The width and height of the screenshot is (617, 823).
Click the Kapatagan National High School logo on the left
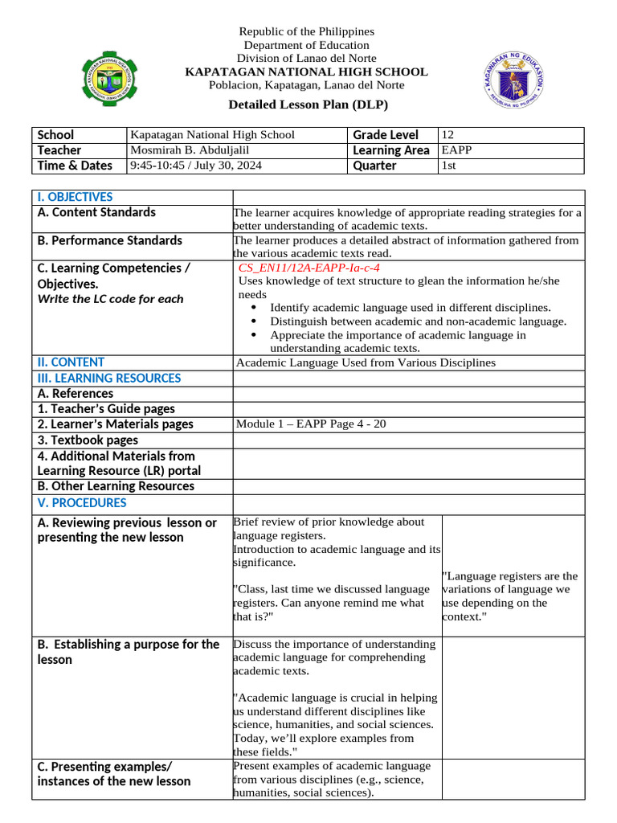(x=107, y=77)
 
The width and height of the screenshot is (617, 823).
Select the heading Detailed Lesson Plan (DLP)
(x=308, y=104)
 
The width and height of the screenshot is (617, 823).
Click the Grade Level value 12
(x=448, y=135)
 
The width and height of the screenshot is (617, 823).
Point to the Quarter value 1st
(x=449, y=166)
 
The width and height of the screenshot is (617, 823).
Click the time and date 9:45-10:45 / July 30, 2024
(x=195, y=166)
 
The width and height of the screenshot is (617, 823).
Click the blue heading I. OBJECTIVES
(x=75, y=197)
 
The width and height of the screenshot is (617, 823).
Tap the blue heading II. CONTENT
(x=71, y=362)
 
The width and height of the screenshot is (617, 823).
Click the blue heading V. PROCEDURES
(x=82, y=503)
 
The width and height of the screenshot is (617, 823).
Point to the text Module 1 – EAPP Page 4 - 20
(x=311, y=424)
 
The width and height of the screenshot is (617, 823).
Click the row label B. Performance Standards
(x=110, y=240)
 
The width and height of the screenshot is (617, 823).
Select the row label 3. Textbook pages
(x=88, y=440)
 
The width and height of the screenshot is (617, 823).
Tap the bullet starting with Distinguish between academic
(x=418, y=321)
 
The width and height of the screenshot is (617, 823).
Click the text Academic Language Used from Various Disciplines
(x=366, y=362)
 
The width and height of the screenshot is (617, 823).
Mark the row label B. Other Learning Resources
(x=116, y=485)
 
